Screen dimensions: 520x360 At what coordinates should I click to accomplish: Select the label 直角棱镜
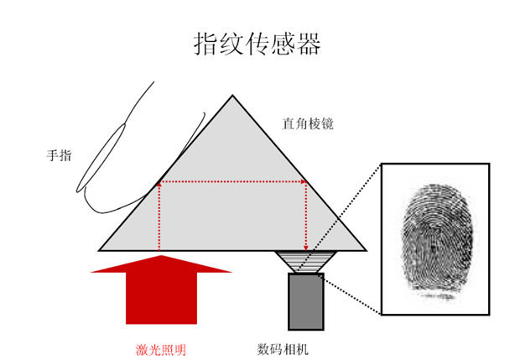pyautogui.click(x=308, y=124)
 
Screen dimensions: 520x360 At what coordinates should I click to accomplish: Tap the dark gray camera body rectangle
pyautogui.click(x=305, y=300)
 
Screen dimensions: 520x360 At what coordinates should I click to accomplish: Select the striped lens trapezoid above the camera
pyautogui.click(x=305, y=262)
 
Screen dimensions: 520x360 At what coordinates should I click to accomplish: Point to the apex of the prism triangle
pyautogui.click(x=232, y=97)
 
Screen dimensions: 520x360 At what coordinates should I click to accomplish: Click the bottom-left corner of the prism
pyautogui.click(x=101, y=249)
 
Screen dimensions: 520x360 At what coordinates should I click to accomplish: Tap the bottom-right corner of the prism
pyautogui.click(x=366, y=249)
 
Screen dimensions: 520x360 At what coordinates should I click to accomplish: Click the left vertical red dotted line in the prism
pyautogui.click(x=159, y=216)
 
